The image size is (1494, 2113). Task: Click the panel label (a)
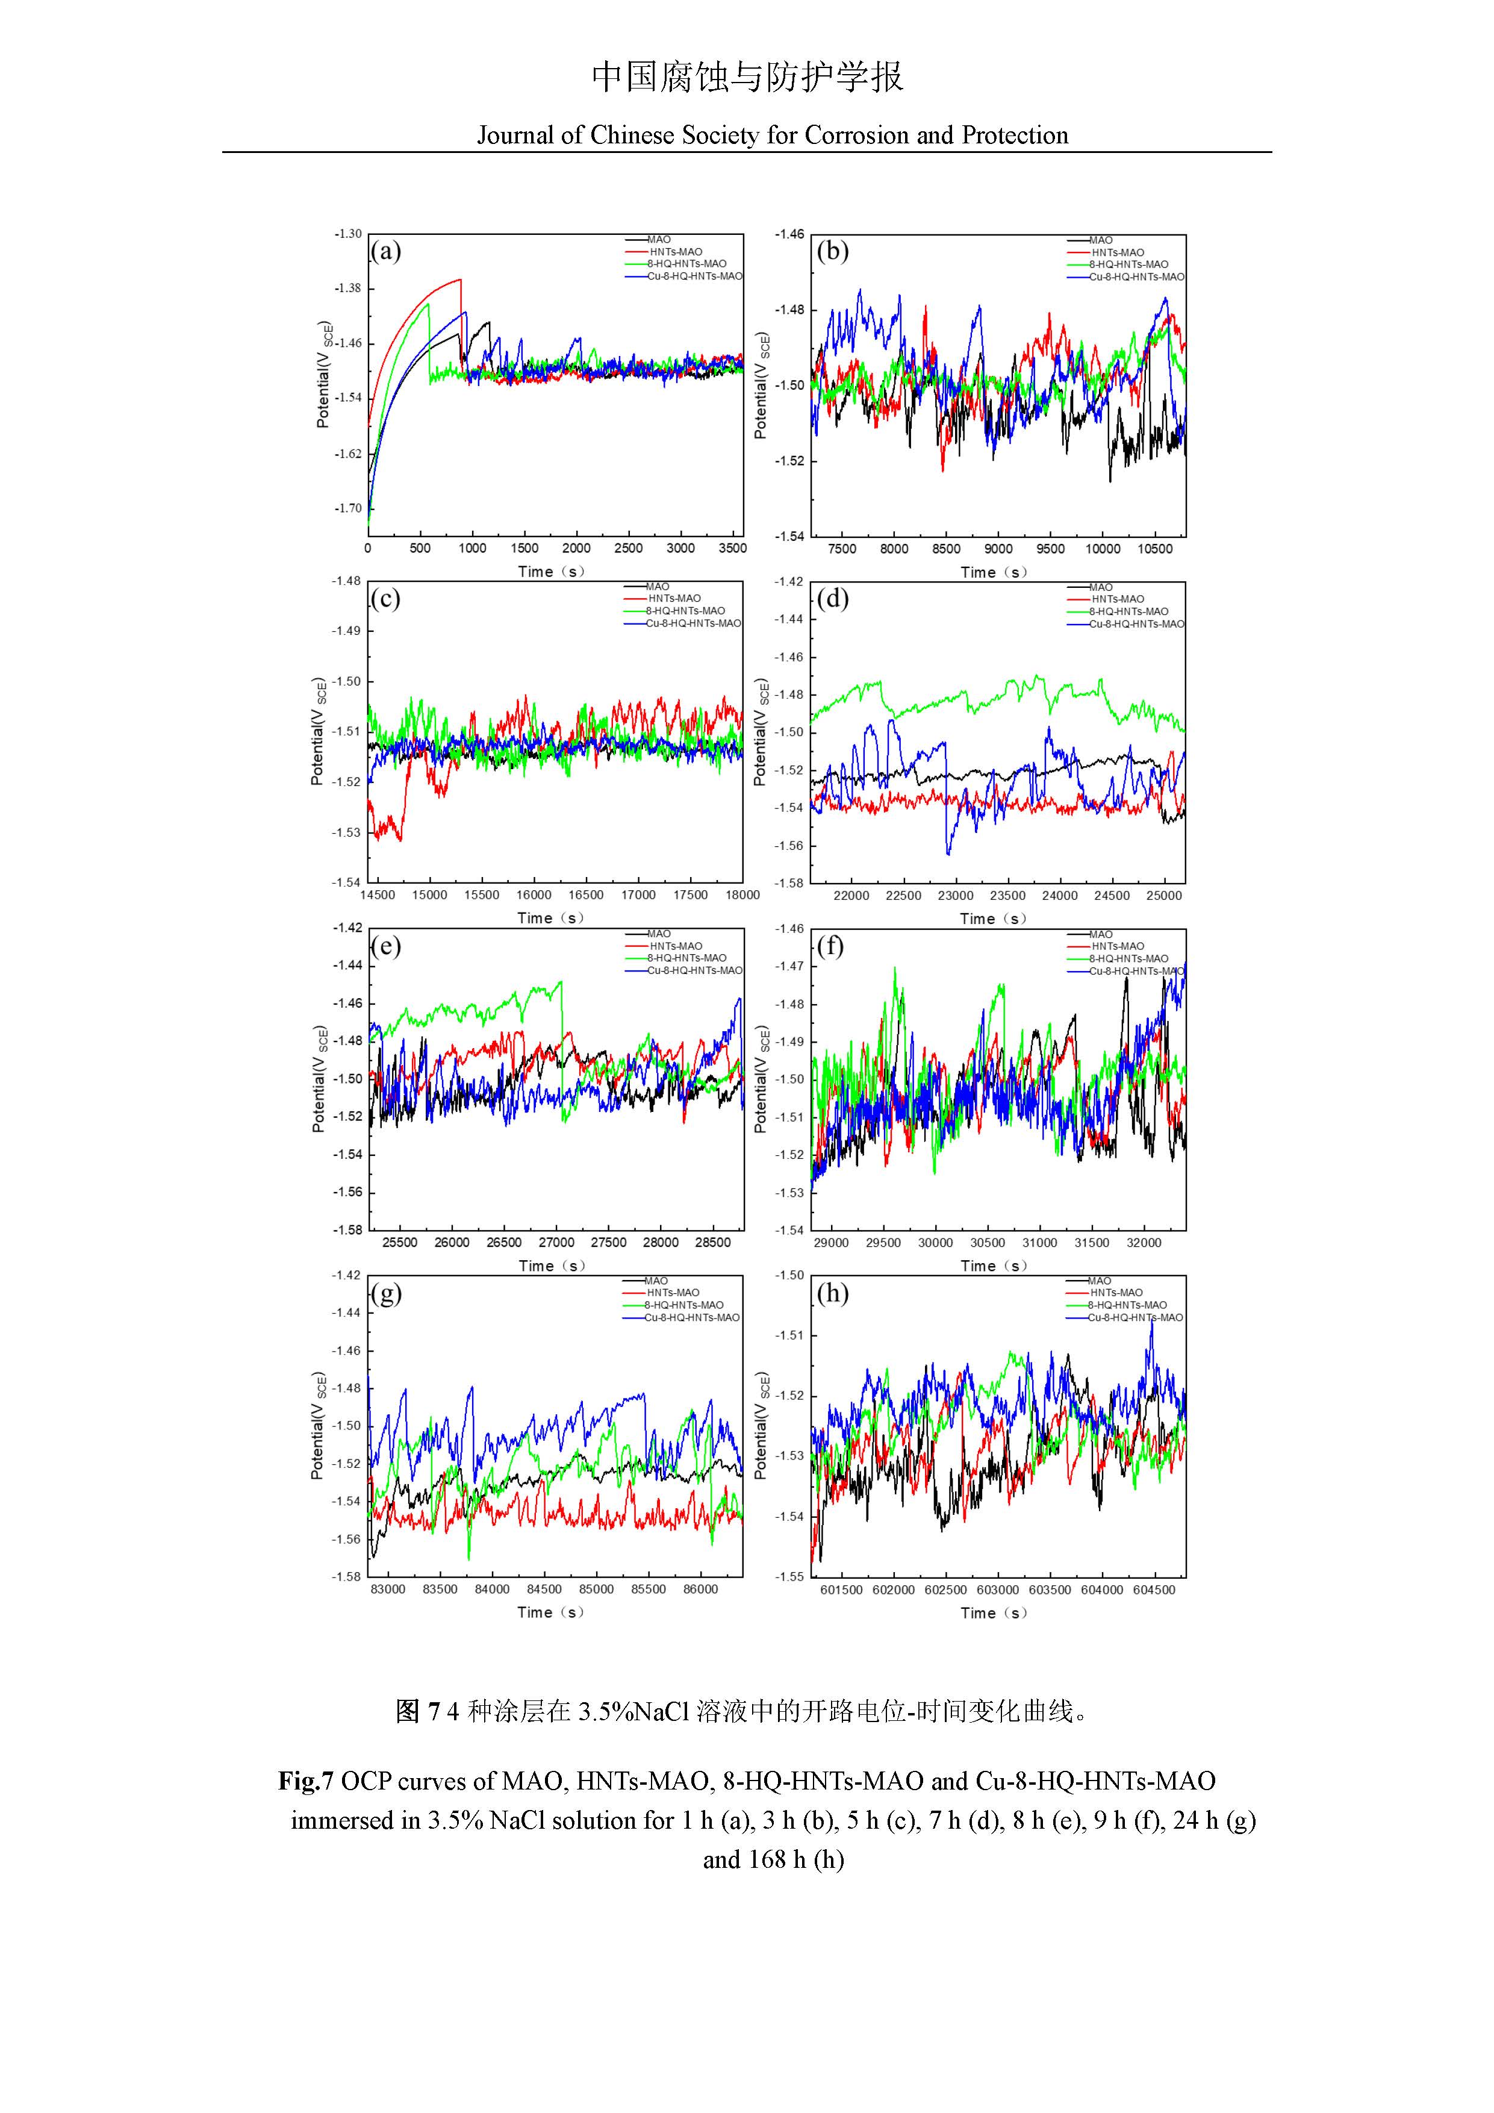(x=385, y=251)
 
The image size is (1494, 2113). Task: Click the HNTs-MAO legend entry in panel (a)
(x=675, y=252)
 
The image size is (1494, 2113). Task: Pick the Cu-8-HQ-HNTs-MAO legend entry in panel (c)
(x=692, y=623)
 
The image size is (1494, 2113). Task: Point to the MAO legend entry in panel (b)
(x=1100, y=240)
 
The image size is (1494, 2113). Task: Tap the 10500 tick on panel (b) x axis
(x=1154, y=549)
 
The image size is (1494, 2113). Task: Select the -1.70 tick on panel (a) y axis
(x=347, y=508)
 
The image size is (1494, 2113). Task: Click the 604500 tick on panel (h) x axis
(x=1153, y=1590)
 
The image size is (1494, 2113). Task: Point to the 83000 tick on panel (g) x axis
(x=387, y=1590)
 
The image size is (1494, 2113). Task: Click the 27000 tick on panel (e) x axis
(x=556, y=1243)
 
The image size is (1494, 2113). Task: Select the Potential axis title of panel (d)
(x=761, y=732)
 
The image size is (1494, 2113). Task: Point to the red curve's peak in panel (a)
(x=460, y=279)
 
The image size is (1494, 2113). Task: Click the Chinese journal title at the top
(x=747, y=77)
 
